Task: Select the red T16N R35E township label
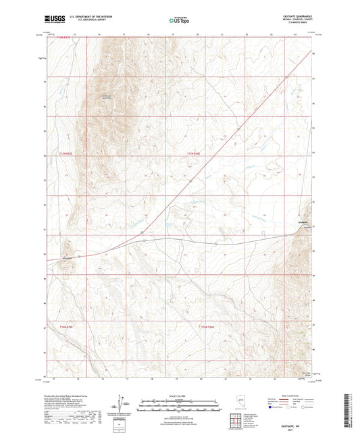point(65,327)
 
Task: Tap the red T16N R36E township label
point(208,327)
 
